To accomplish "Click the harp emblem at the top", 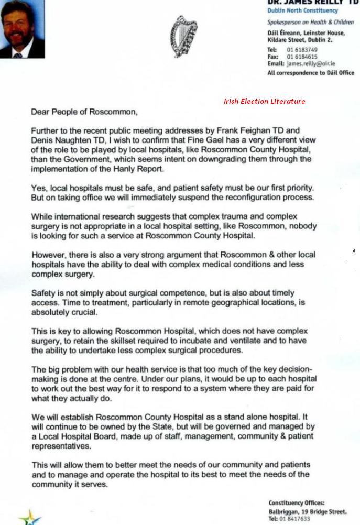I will [183, 36].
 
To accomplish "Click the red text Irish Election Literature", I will [264, 101].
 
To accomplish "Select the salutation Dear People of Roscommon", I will [84, 112].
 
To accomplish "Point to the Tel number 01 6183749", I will [302, 50].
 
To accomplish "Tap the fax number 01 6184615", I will [302, 57].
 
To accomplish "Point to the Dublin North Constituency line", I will [302, 10].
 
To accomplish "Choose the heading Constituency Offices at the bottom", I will [297, 503].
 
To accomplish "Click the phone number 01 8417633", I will [296, 519].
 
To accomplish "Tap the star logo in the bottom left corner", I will [30, 518].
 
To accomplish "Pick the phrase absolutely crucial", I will [64, 312].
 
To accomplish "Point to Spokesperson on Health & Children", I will [310, 23].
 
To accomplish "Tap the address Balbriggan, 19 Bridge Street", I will [307, 511].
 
